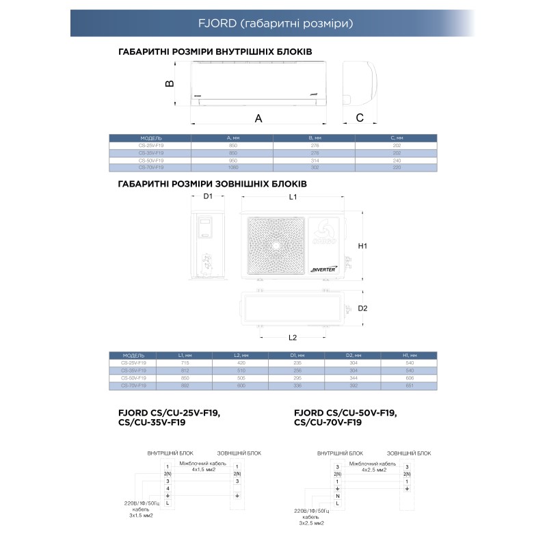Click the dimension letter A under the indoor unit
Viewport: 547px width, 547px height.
[x=258, y=118]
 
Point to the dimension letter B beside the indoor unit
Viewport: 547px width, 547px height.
[x=170, y=83]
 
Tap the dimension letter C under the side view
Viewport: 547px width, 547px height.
[x=360, y=118]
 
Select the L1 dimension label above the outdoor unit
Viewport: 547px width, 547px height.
[x=292, y=197]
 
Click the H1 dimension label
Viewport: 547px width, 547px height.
[x=363, y=246]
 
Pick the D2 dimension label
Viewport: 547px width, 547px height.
[x=363, y=308]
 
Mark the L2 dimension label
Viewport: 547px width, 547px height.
[x=292, y=338]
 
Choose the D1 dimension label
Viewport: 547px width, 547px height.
[x=209, y=197]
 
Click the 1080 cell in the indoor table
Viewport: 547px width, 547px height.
[x=232, y=167]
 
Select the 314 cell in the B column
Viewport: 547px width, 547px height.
[x=314, y=160]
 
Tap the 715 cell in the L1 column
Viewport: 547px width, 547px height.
[x=185, y=363]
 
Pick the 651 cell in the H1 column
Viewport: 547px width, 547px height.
[x=409, y=385]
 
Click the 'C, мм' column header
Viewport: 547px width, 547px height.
[x=396, y=138]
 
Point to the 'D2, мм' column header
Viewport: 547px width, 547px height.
[x=353, y=356]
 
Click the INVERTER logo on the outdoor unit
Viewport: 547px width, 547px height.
[x=323, y=269]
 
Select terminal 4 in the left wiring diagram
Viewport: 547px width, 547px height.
[x=167, y=488]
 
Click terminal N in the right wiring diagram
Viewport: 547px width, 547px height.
[x=337, y=496]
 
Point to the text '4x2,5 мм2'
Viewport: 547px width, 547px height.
[x=372, y=470]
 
